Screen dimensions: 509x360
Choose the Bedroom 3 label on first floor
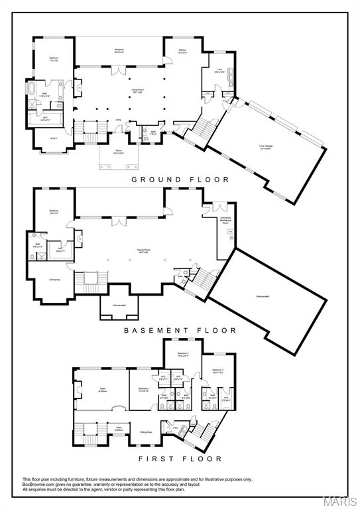coord(217,370)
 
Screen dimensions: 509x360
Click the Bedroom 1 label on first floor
coord(145,389)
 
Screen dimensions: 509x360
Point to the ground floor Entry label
coord(119,119)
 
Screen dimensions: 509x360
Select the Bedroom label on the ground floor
coord(53,58)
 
